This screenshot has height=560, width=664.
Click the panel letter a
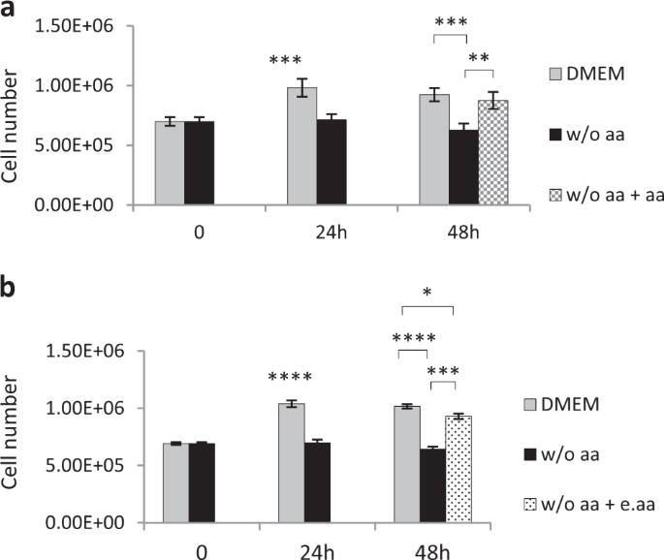coord(11,11)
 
